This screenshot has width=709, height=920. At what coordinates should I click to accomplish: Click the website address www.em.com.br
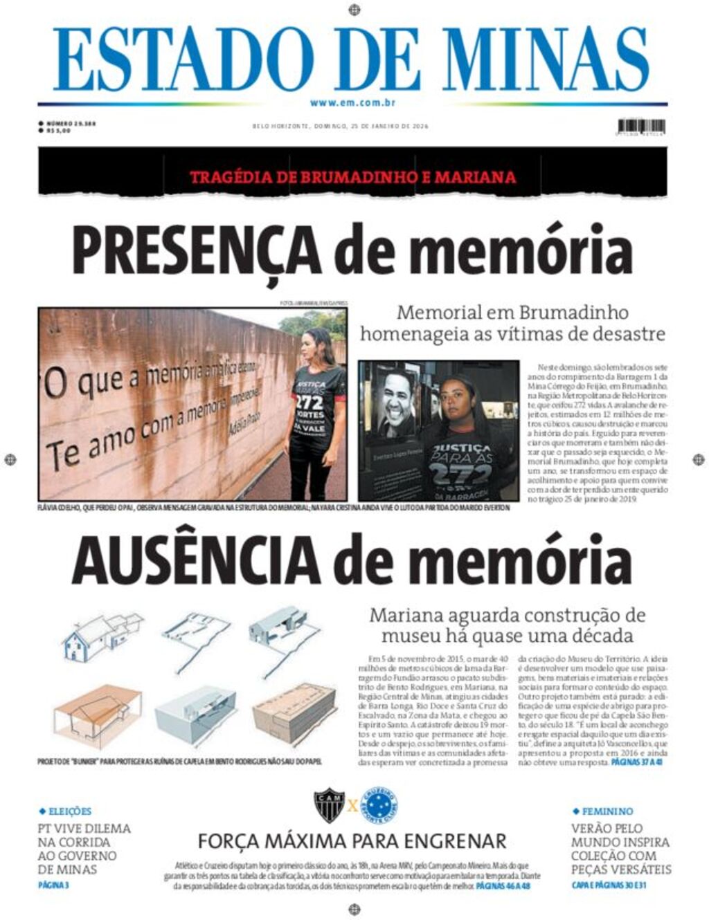click(x=352, y=103)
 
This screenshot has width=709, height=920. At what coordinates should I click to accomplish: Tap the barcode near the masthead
click(x=641, y=127)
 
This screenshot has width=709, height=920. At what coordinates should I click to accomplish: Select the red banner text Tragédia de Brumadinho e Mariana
click(x=352, y=177)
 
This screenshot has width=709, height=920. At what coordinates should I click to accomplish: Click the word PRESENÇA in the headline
click(x=197, y=251)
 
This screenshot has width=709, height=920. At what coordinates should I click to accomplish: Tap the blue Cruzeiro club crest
click(x=379, y=804)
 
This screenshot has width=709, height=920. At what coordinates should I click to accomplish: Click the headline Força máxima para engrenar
click(x=352, y=841)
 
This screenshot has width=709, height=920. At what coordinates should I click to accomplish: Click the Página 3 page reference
click(x=53, y=885)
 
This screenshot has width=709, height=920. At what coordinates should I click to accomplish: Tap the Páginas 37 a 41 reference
click(x=637, y=762)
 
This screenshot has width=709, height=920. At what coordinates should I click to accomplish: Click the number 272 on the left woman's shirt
click(x=309, y=402)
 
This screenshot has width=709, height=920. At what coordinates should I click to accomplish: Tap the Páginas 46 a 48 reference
click(x=503, y=885)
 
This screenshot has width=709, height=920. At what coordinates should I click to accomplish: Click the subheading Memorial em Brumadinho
click(x=512, y=312)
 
